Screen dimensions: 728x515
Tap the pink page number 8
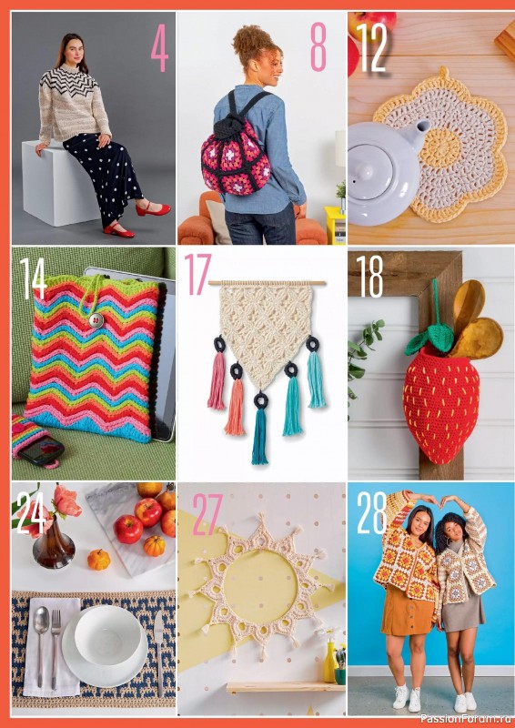[x=318, y=48]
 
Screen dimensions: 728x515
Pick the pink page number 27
[x=207, y=514]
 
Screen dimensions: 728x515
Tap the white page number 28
[x=373, y=514]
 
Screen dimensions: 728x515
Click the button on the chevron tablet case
[x=94, y=320]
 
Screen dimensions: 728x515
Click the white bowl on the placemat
[x=107, y=632]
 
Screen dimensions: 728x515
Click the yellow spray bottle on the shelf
[x=329, y=662]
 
